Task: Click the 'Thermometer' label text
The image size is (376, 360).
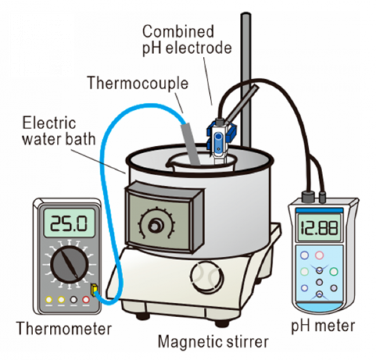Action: [64, 328]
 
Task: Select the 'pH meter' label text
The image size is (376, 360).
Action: [323, 326]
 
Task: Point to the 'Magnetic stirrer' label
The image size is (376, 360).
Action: [213, 342]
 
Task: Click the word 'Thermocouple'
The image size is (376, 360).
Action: [138, 83]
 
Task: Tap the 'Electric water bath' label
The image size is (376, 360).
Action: [58, 131]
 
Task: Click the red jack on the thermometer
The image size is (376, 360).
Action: [86, 300]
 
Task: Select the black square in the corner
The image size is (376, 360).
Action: [42, 46]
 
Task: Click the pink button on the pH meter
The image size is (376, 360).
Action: [320, 256]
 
